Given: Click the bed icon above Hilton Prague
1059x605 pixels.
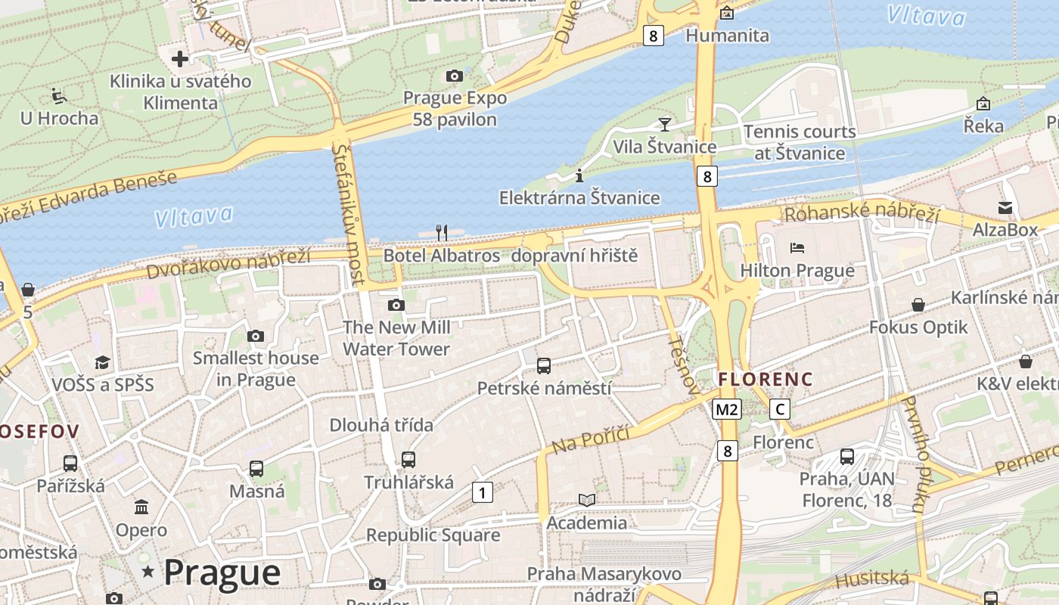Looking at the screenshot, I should pyautogui.click(x=797, y=247).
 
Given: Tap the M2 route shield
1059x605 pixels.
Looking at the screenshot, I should pyautogui.click(x=726, y=410).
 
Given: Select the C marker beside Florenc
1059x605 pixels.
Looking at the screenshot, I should pyautogui.click(x=779, y=410).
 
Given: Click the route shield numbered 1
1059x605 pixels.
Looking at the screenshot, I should pyautogui.click(x=482, y=492).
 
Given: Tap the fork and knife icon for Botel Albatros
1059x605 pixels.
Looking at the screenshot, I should pyautogui.click(x=442, y=232).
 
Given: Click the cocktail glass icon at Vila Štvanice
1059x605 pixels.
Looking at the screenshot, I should pyautogui.click(x=665, y=124).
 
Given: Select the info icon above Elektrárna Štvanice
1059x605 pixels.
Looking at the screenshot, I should pyautogui.click(x=579, y=175).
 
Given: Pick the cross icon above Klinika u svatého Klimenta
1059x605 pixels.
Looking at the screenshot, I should pyautogui.click(x=179, y=58).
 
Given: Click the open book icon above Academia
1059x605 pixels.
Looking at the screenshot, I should pyautogui.click(x=587, y=500).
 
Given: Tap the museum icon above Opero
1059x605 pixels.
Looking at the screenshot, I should pyautogui.click(x=141, y=507).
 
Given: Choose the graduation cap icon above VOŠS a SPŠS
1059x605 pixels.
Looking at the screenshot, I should pyautogui.click(x=102, y=362).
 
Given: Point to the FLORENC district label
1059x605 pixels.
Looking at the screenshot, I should pyautogui.click(x=766, y=379).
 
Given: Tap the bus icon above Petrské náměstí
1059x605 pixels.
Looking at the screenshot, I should pyautogui.click(x=543, y=366).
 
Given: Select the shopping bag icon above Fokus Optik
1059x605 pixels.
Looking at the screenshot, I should pyautogui.click(x=918, y=305).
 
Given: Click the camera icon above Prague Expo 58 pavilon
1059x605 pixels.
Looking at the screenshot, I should pyautogui.click(x=454, y=76).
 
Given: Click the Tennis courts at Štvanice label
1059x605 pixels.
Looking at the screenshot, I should pyautogui.click(x=800, y=142).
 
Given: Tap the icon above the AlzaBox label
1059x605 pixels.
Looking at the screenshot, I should pyautogui.click(x=1005, y=207).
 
